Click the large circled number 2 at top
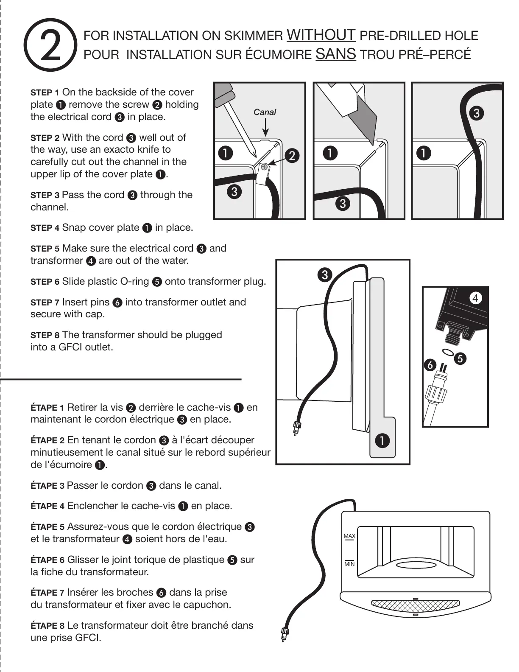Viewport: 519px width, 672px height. coord(50,45)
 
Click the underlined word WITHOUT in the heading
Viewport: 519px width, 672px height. coord(321,35)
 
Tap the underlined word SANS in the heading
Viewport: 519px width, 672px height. coord(336,54)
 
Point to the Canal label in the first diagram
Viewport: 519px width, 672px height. coord(265,112)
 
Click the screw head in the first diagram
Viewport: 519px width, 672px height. coord(264,167)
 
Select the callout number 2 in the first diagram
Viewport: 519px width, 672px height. coord(292,156)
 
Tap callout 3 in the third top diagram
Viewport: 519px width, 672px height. coord(477,113)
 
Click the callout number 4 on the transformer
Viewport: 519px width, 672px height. coord(475,298)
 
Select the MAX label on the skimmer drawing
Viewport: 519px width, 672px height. coord(349,536)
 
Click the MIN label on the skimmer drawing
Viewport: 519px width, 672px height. coord(349,564)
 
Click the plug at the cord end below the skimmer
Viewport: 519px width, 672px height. coord(285,635)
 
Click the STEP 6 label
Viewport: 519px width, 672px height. coord(45,282)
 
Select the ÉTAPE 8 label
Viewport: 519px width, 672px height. coord(47,626)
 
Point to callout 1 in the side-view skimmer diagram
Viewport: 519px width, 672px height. coord(382,441)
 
